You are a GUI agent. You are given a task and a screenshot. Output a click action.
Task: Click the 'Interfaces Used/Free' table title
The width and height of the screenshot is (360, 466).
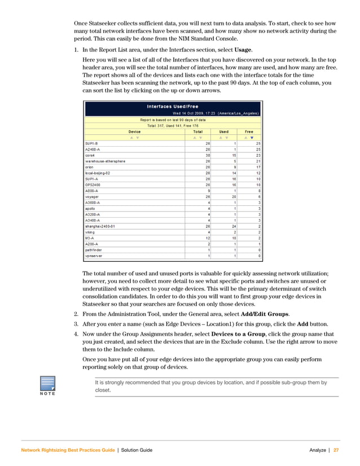pyautogui.click(x=172, y=107)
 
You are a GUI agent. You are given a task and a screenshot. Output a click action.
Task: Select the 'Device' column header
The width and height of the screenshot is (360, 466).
pyautogui.click(x=134, y=131)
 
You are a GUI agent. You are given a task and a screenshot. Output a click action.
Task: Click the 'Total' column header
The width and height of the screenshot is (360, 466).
pyautogui.click(x=197, y=131)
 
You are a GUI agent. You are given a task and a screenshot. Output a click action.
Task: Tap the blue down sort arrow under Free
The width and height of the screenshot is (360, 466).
pyautogui.click(x=252, y=137)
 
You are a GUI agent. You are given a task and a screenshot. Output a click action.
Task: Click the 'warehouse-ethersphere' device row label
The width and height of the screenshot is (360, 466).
pyautogui.click(x=105, y=161)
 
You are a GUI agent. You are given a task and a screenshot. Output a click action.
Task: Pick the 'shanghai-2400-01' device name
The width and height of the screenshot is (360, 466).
pyautogui.click(x=100, y=226)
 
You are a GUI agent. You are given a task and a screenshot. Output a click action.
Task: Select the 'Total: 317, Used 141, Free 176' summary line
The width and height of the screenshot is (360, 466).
pyautogui.click(x=172, y=125)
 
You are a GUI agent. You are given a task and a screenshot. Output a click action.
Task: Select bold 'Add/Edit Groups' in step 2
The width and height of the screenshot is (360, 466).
pyautogui.click(x=266, y=313)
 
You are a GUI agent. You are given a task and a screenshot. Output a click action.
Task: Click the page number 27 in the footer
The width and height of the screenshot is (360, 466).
pyautogui.click(x=336, y=450)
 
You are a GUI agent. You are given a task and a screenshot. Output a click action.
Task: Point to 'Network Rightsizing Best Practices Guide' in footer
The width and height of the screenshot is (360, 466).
pyautogui.click(x=67, y=450)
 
